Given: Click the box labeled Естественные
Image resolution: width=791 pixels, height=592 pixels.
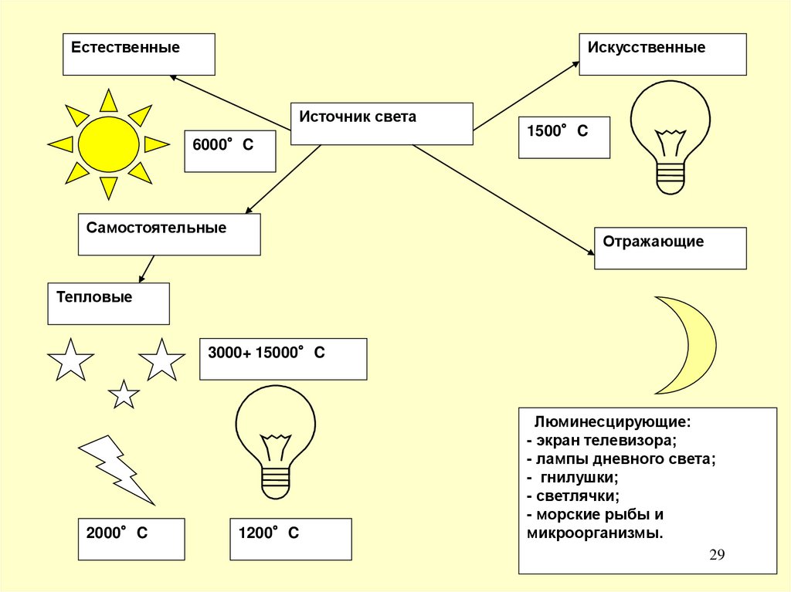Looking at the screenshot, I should (139, 54).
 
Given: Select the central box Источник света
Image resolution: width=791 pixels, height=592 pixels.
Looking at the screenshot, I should (382, 123).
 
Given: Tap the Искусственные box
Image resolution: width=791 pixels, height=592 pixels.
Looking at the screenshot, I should (663, 54).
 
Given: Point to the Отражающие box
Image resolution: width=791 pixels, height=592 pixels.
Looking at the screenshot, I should (670, 248).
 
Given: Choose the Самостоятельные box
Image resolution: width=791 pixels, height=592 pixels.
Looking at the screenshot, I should (169, 235).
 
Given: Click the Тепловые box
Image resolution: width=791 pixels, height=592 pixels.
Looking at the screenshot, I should (108, 303).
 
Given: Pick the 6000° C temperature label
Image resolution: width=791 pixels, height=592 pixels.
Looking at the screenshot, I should (229, 151).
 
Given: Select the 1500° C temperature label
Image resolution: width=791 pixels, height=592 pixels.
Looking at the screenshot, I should (564, 137).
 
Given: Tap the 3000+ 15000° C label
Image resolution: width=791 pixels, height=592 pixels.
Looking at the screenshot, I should (283, 359).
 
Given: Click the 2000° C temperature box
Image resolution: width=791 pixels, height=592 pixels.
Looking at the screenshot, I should (131, 539).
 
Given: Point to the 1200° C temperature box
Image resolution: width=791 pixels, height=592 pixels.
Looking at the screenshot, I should (290, 539).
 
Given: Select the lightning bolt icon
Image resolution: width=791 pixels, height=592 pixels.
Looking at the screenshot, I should (116, 467).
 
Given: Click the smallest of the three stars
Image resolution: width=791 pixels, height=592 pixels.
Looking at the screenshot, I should (124, 394).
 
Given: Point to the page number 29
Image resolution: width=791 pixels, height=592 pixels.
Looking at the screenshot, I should (717, 556).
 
